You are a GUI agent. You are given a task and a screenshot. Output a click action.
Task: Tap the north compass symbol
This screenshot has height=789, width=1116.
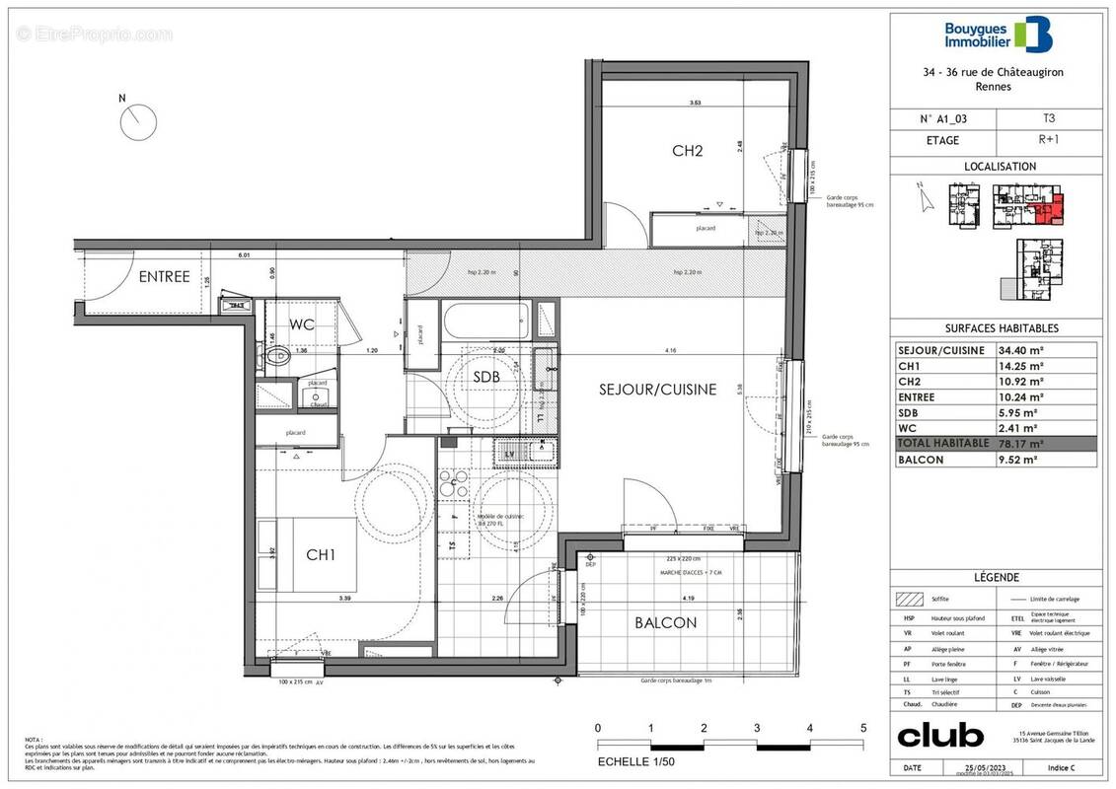pyautogui.click(x=139, y=122)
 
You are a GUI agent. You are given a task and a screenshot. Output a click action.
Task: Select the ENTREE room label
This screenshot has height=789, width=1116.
pyautogui.click(x=164, y=277)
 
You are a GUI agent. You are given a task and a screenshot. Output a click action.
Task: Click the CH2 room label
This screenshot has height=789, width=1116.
pyautogui.click(x=687, y=151)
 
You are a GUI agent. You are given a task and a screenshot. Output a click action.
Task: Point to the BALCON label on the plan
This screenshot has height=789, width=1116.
pyautogui.click(x=665, y=622)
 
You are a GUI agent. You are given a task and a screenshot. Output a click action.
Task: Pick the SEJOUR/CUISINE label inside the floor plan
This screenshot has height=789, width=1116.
pyautogui.click(x=657, y=390)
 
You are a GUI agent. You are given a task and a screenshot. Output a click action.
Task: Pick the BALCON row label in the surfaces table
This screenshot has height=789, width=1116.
pyautogui.click(x=921, y=459)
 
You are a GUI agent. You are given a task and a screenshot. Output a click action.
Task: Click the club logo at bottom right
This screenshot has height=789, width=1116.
pyautogui.click(x=939, y=736)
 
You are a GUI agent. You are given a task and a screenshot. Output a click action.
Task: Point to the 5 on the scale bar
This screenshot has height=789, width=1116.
pyautogui.click(x=862, y=729)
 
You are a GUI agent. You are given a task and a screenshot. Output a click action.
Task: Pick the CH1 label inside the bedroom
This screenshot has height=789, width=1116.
pyautogui.click(x=320, y=555)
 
